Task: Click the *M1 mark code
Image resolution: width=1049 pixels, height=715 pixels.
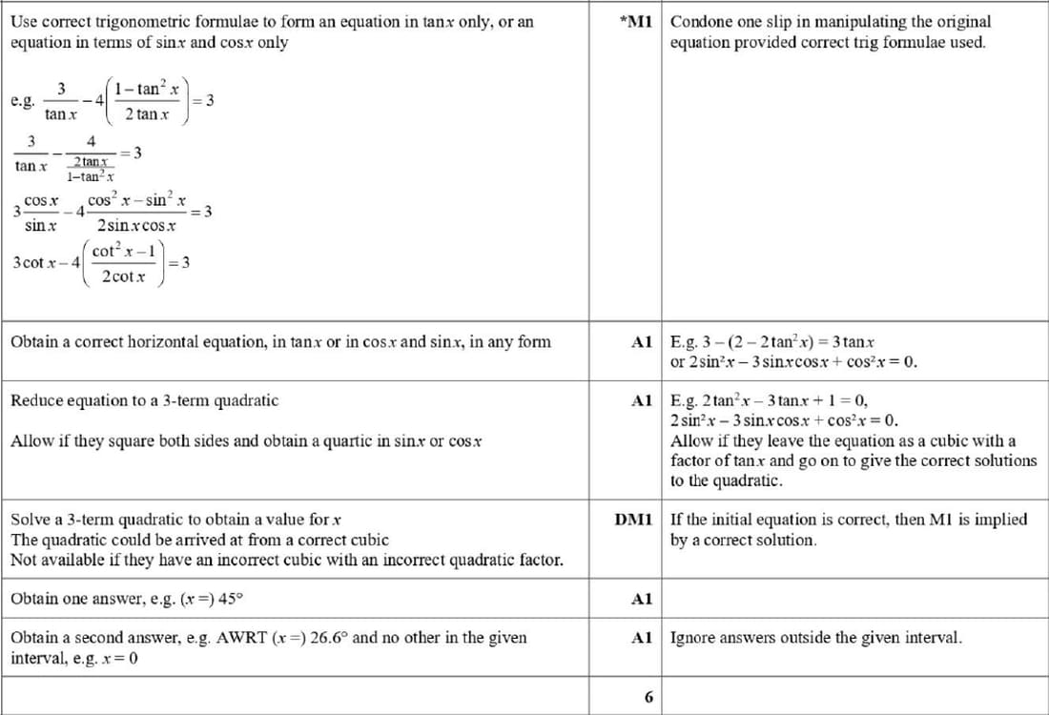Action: (634, 21)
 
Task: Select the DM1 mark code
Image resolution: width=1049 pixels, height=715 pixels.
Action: (633, 521)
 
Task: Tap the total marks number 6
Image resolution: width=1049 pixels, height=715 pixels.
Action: (648, 697)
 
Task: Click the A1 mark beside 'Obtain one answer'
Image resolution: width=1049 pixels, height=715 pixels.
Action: (642, 600)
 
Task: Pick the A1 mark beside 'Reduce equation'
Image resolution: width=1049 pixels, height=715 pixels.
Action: (642, 401)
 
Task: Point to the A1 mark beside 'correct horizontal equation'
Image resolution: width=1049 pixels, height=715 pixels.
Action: (642, 341)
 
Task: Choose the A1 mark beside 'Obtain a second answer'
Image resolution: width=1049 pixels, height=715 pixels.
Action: (642, 638)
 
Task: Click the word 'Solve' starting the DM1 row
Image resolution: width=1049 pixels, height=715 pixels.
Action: (30, 521)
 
